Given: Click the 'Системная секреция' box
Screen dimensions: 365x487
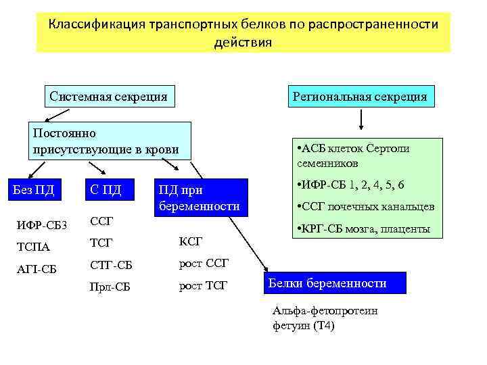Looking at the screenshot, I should tap(108, 97).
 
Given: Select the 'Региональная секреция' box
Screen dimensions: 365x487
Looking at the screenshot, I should tap(359, 97).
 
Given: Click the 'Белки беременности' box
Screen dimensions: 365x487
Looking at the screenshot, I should tap(333, 283).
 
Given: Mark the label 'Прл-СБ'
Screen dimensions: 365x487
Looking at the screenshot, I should tap(110, 287).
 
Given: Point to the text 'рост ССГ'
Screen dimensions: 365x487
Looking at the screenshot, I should tap(204, 264).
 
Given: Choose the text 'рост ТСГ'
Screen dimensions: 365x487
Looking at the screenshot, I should tap(204, 287).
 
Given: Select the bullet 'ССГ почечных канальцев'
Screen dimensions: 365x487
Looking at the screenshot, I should tap(365, 207).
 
